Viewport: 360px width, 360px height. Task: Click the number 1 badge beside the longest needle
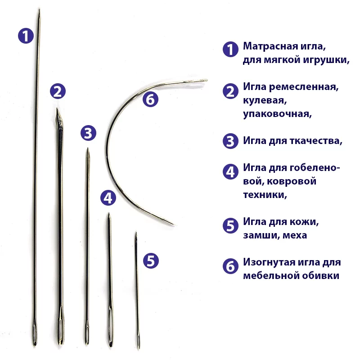(x=26, y=36)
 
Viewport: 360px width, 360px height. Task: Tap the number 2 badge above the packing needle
(x=58, y=91)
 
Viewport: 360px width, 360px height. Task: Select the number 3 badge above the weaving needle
(x=88, y=133)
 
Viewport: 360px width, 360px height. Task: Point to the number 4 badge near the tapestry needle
(x=108, y=198)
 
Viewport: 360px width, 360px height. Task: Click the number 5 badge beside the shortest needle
(x=151, y=261)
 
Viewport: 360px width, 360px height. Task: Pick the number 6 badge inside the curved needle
(x=150, y=99)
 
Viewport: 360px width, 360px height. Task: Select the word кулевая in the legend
(x=265, y=100)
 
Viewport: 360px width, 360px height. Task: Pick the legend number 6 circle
(x=230, y=266)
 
